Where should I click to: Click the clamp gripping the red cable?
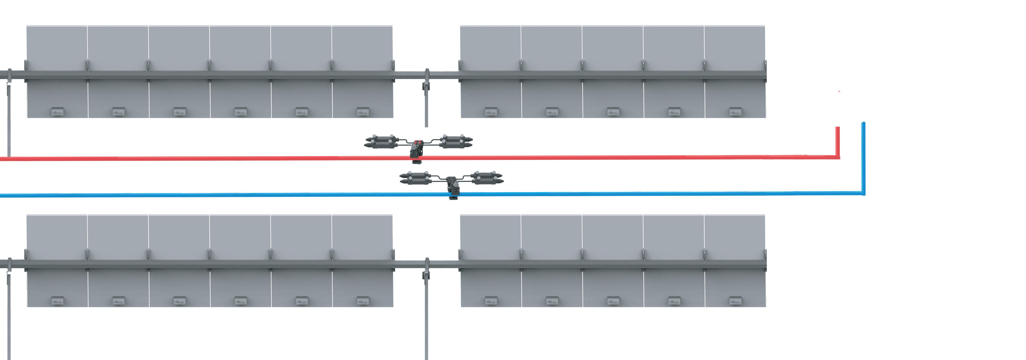(x=416, y=159)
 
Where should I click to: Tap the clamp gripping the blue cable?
(x=453, y=195)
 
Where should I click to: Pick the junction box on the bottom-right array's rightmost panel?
(x=735, y=301)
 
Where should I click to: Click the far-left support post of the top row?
(x=9, y=119)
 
